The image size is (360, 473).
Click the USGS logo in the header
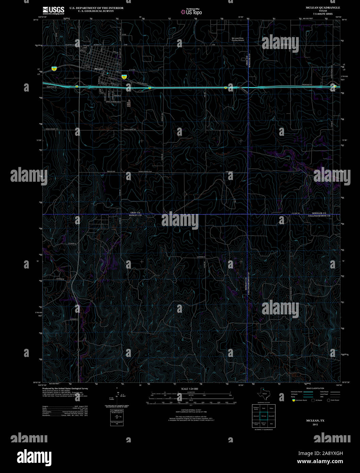pos(53,11)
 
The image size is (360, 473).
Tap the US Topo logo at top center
pos(191,12)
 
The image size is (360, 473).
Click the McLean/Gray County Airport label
pos(238,39)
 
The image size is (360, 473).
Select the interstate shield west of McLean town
pos(54,68)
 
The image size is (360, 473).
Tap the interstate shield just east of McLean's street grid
pos(125,77)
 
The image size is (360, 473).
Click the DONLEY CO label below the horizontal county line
pos(135,216)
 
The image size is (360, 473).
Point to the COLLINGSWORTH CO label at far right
pos(319,216)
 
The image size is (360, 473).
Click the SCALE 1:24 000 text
pos(190,389)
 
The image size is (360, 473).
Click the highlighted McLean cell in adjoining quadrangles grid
pos(264,416)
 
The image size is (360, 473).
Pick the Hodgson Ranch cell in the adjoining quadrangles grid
pos(256,408)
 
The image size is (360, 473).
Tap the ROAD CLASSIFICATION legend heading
pos(315,388)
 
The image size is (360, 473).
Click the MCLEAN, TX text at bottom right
pos(315,421)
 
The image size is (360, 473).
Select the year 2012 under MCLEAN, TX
pos(315,424)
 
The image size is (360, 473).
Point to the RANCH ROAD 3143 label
pos(145,172)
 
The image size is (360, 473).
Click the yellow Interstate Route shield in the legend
pos(294,400)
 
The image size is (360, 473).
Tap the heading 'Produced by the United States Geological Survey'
pos(65,388)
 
